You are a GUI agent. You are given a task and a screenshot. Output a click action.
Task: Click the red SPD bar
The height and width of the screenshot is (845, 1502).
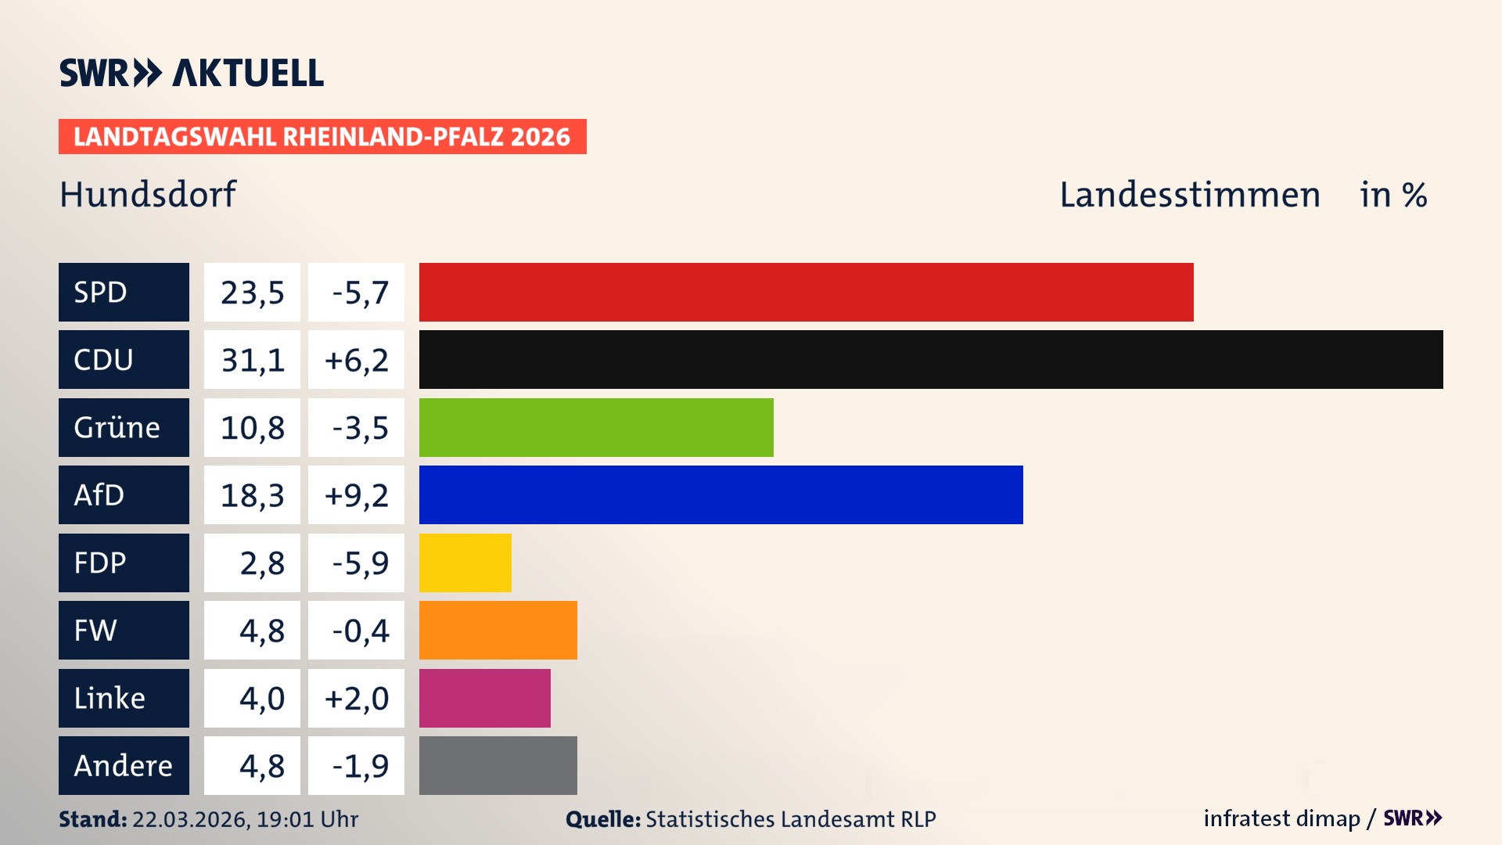806,292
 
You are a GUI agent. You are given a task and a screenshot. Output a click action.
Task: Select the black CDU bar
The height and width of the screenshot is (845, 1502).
931,360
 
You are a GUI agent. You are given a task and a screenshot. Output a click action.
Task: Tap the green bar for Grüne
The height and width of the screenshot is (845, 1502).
596,427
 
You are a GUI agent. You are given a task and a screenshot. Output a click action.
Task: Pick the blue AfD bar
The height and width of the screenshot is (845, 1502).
720,494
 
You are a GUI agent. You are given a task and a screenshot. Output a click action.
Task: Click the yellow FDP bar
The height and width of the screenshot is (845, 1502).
465,563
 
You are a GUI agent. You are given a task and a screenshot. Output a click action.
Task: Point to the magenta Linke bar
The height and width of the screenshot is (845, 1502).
484,698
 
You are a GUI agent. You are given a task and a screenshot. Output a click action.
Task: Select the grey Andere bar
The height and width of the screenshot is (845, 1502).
498,765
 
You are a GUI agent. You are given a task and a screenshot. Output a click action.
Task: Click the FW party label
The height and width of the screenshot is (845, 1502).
95,631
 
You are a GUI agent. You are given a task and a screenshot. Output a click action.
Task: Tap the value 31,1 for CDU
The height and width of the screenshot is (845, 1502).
252,360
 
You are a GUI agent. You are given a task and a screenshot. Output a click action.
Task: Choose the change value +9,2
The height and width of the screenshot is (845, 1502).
356,495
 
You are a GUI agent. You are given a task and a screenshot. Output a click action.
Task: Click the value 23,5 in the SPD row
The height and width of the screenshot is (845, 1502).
252,293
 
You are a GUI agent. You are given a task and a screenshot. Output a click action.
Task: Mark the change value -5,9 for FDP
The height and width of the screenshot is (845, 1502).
360,563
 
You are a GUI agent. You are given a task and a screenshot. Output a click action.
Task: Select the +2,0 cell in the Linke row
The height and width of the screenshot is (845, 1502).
356,698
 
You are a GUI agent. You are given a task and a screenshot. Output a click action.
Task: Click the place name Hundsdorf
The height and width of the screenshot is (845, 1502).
148,194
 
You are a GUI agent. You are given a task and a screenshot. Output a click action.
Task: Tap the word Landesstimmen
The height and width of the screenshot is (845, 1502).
1189,195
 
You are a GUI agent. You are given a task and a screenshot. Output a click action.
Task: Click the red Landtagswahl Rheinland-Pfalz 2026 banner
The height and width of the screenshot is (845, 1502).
322,137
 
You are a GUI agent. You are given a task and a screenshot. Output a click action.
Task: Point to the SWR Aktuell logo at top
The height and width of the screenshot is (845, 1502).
191,73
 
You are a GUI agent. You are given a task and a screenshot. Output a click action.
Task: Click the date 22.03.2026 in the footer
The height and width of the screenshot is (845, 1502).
190,819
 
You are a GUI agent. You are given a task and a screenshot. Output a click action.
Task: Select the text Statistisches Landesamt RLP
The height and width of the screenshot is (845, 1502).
790,819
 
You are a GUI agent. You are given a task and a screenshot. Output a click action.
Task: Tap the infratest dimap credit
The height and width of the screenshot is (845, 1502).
1281,818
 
